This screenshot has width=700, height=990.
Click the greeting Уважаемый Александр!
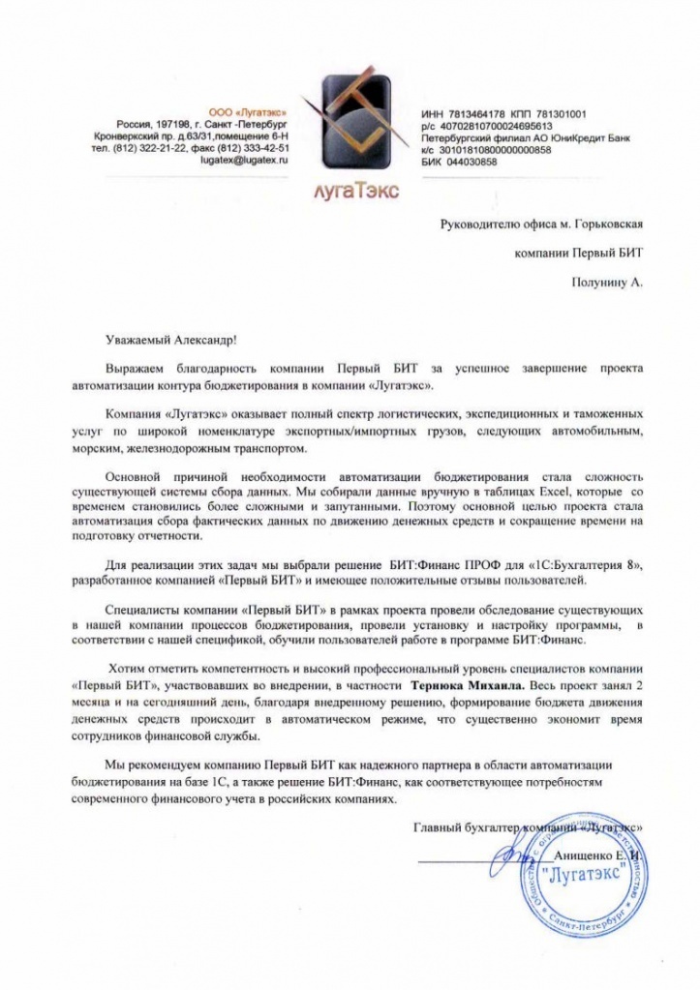169,340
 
